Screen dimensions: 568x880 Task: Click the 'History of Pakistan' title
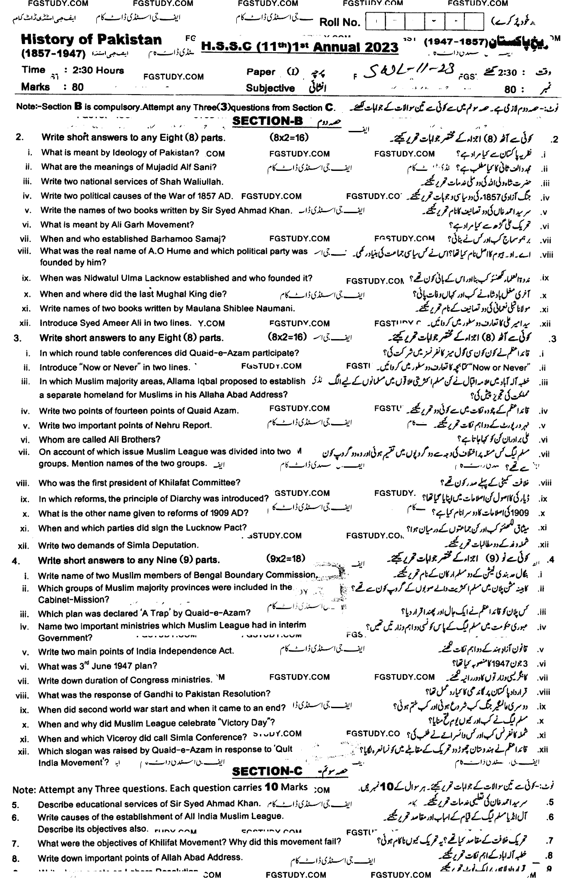[91, 40]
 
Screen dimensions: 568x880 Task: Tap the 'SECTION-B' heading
[268, 121]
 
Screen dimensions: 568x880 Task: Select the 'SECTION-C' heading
[267, 771]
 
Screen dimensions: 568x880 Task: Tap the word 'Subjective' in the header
[270, 89]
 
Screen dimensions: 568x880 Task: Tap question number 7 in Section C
[15, 844]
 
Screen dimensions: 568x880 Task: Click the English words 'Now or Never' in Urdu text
[509, 367]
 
